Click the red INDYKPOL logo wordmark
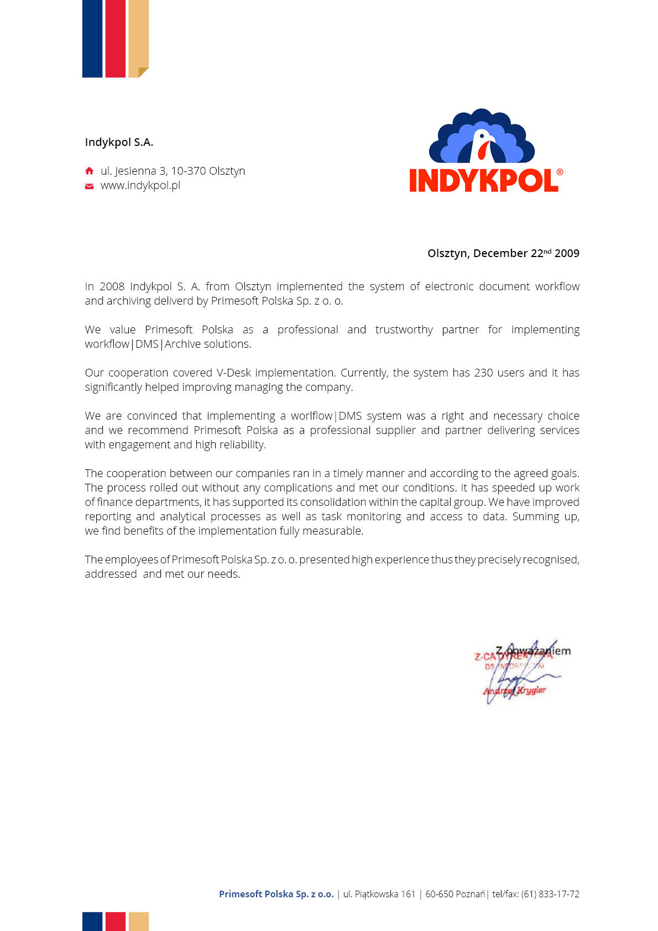click(x=483, y=181)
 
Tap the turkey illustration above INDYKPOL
click(x=482, y=137)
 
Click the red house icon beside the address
click(x=89, y=171)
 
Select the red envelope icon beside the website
click(x=89, y=186)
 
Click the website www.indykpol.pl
click(x=140, y=186)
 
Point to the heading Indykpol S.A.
click(x=119, y=142)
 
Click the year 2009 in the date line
click(x=567, y=253)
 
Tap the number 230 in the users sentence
click(x=483, y=373)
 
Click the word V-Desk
click(x=233, y=373)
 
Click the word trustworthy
click(x=404, y=329)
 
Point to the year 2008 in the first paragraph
click(x=112, y=286)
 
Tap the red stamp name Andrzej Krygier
click(x=514, y=691)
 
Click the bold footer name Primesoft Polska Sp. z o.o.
click(x=276, y=894)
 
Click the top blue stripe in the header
click(x=92, y=39)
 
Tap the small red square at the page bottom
click(x=115, y=921)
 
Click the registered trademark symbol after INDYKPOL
click(x=560, y=172)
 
